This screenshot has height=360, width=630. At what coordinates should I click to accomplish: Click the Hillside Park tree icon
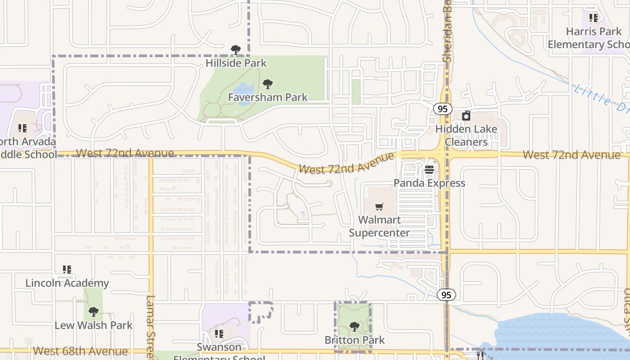click(235, 50)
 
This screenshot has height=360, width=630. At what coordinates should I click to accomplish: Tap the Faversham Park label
click(268, 97)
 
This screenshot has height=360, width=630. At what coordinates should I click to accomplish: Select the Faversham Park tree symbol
click(268, 84)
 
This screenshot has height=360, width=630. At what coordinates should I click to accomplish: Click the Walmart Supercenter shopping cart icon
click(379, 207)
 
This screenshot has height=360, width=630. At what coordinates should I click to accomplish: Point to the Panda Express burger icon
click(429, 170)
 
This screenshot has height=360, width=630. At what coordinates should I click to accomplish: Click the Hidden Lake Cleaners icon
click(466, 116)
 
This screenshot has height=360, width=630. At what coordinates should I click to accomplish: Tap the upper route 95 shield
click(443, 109)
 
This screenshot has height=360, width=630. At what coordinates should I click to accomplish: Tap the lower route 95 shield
click(446, 295)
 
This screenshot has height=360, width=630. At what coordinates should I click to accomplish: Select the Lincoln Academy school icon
click(67, 270)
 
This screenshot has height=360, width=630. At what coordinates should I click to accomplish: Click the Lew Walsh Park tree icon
click(94, 312)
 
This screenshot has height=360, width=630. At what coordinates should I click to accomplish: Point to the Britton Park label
click(355, 340)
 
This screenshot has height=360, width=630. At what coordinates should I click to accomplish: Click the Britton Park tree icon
click(355, 327)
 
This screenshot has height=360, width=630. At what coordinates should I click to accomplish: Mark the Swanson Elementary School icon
click(219, 334)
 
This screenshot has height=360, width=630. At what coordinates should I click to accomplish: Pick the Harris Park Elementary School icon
click(594, 18)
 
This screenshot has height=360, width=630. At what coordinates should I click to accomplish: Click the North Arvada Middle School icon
click(22, 128)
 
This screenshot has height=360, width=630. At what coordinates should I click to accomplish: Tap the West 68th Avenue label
click(81, 351)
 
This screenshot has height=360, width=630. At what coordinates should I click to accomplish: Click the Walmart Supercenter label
click(379, 226)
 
